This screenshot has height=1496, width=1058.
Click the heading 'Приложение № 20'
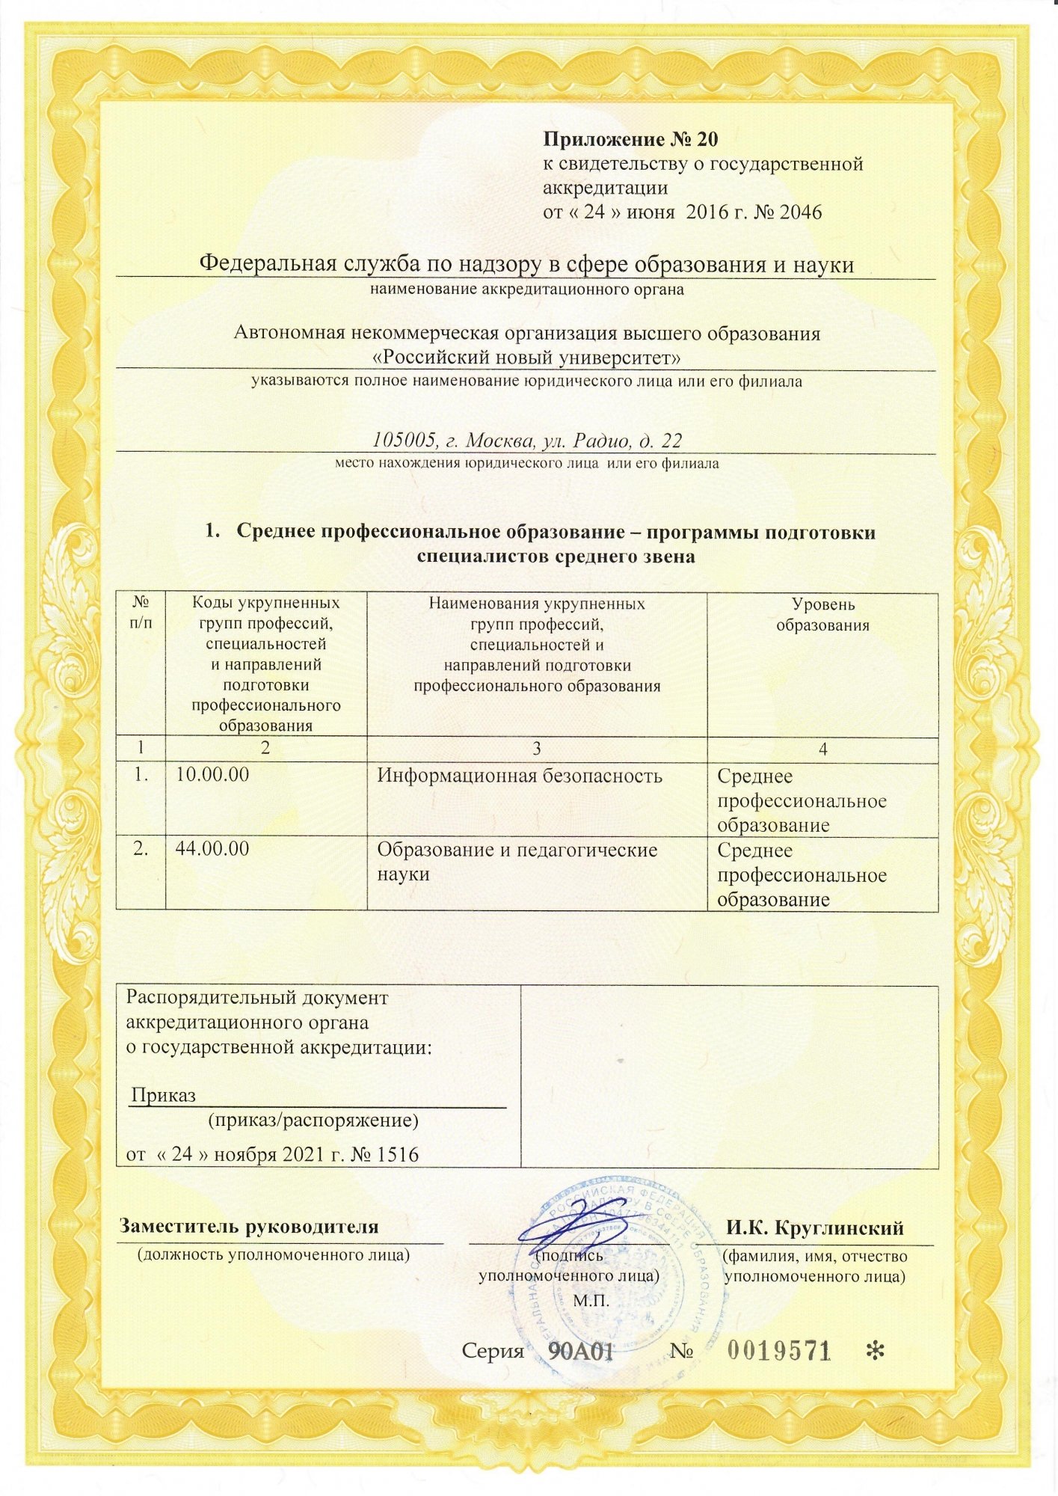(x=630, y=140)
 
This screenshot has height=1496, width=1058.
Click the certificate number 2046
(x=800, y=212)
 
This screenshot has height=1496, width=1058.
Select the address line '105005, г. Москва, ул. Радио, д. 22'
(x=526, y=440)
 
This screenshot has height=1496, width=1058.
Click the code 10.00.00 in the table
(x=212, y=775)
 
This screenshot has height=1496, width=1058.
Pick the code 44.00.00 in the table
(x=212, y=849)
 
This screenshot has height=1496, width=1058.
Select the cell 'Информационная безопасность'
(x=519, y=776)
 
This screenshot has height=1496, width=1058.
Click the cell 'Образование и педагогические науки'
(x=516, y=861)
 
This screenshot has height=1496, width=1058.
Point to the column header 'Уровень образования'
(x=822, y=614)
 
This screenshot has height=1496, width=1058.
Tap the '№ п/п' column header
(x=140, y=612)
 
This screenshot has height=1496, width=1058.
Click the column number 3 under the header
(x=536, y=749)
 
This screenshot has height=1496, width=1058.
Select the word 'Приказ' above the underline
(x=164, y=1096)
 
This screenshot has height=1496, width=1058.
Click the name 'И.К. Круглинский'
(x=815, y=1227)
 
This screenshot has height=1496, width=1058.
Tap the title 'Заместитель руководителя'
(x=249, y=1227)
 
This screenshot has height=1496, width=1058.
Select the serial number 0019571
(x=779, y=1350)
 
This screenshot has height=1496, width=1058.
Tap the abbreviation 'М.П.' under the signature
(x=591, y=1300)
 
